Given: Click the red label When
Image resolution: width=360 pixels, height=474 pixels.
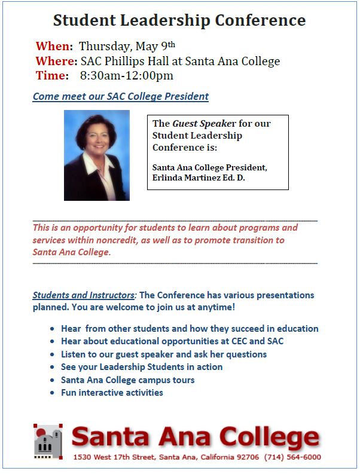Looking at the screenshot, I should [x=53, y=46].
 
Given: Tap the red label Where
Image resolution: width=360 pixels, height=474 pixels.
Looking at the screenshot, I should [x=55, y=61].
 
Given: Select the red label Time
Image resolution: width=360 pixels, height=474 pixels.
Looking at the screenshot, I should [x=51, y=76].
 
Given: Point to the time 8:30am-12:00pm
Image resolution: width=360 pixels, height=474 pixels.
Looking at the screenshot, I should [x=127, y=76].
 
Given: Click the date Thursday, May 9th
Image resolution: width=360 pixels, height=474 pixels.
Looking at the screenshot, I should [x=127, y=46].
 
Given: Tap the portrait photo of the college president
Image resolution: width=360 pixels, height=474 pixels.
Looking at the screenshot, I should [x=97, y=155].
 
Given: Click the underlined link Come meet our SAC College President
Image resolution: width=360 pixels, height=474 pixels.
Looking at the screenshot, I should [x=120, y=96].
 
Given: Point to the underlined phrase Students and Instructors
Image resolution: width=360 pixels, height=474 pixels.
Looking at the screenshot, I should [x=84, y=295].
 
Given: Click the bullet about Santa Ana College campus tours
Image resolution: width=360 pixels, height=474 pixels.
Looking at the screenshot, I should [x=127, y=380].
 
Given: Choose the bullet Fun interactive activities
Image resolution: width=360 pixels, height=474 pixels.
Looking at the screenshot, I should [x=112, y=393].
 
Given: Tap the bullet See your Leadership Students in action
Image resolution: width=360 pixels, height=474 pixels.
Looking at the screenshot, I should [x=142, y=367].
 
